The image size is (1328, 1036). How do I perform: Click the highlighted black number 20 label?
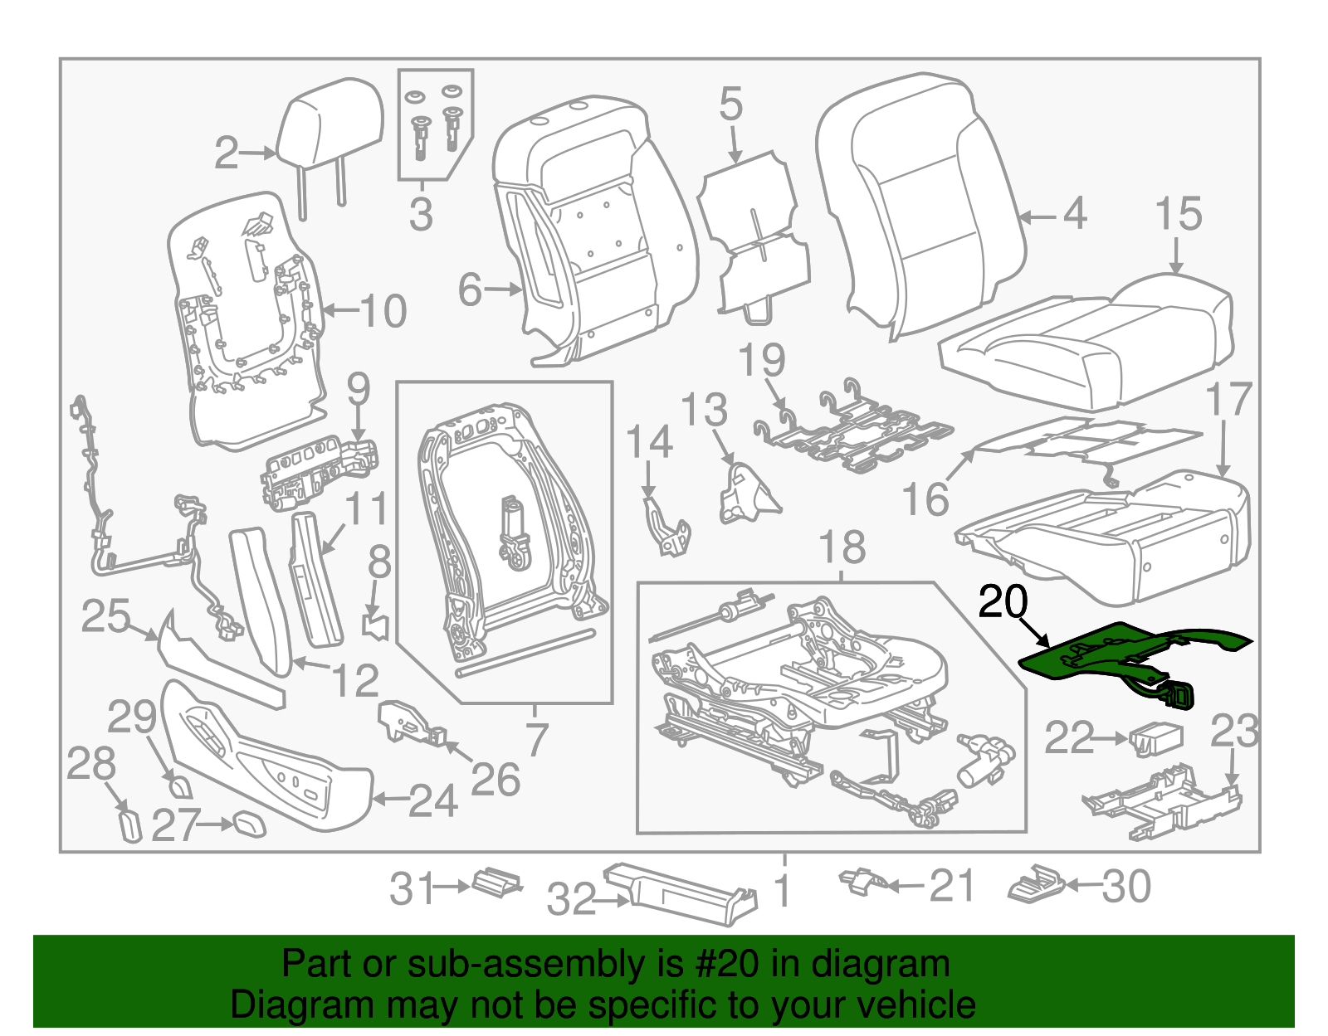point(1003,602)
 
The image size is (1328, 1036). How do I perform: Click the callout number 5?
point(730,105)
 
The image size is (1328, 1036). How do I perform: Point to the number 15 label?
point(1178,214)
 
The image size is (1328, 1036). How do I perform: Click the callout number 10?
point(383,311)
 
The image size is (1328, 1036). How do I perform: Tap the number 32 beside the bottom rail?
point(571,900)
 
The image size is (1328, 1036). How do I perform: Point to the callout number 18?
point(842,548)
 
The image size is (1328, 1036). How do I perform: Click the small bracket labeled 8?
point(378,625)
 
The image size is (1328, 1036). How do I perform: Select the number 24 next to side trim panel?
point(432,801)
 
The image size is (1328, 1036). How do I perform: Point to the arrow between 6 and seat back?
point(503,289)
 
